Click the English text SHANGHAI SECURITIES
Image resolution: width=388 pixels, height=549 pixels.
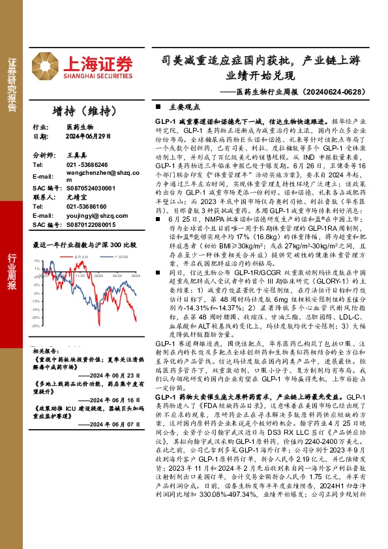97,76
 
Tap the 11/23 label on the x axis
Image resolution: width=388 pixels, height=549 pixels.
81,276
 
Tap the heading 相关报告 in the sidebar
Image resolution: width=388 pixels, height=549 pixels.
44,350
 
